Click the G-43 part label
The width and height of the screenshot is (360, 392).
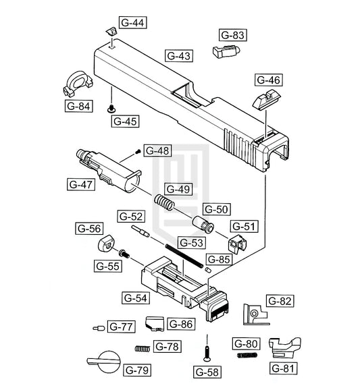click(179, 56)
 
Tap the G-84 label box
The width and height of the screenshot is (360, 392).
click(78, 106)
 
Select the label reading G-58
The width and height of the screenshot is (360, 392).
click(207, 372)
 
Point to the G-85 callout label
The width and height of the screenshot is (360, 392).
click(219, 259)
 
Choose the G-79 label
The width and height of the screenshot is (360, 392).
click(137, 370)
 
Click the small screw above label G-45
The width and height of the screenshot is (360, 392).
click(111, 109)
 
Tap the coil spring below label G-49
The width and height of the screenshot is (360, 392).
click(164, 202)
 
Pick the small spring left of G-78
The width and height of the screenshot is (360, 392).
click(143, 348)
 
